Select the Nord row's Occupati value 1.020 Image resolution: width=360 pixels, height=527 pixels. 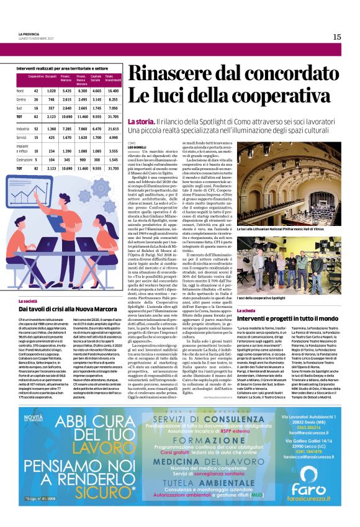point(51,91)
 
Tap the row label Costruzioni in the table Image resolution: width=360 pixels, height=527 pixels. point(25,160)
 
